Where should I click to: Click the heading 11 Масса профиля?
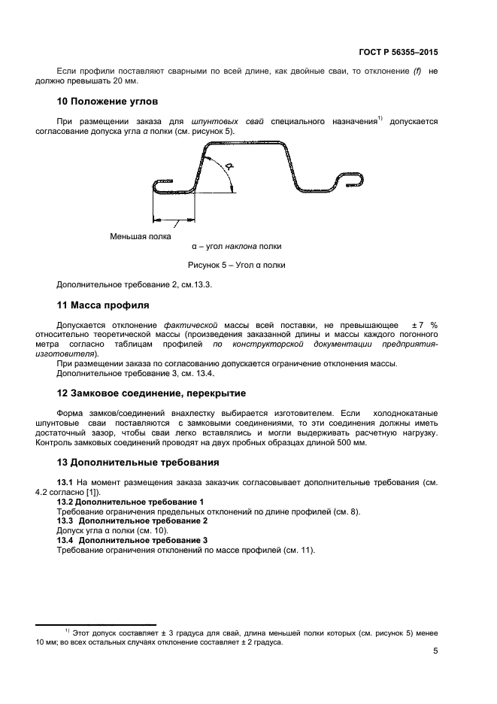click(x=103, y=305)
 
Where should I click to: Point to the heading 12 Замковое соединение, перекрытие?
click(x=151, y=393)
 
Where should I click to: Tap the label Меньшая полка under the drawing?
click(x=140, y=236)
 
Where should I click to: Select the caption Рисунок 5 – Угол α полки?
click(x=236, y=265)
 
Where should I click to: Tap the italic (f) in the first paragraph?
click(x=417, y=71)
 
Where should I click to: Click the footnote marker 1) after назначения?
click(x=380, y=118)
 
